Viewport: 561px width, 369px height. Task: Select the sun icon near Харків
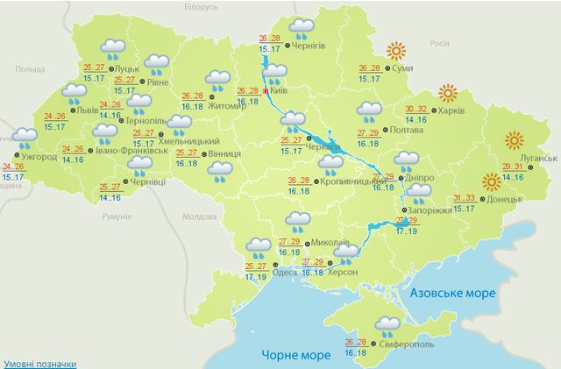coord(448,93)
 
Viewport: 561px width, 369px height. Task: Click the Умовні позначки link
coord(39,363)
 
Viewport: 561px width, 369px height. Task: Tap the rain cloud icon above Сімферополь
coord(386,326)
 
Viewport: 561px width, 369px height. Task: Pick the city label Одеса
coord(286,272)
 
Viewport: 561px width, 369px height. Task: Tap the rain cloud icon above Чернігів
coord(303,28)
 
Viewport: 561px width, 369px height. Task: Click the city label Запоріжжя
coord(427,210)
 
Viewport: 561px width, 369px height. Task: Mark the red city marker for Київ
coord(266,89)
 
